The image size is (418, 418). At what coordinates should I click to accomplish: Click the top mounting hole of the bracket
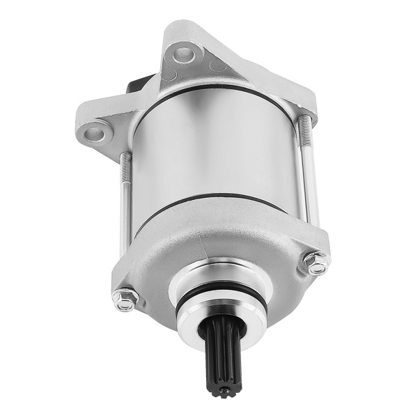(183, 52)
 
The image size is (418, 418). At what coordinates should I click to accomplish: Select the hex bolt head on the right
(316, 263)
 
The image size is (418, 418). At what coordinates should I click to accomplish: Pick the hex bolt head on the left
(125, 298)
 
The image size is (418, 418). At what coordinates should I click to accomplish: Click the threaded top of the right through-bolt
(304, 132)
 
